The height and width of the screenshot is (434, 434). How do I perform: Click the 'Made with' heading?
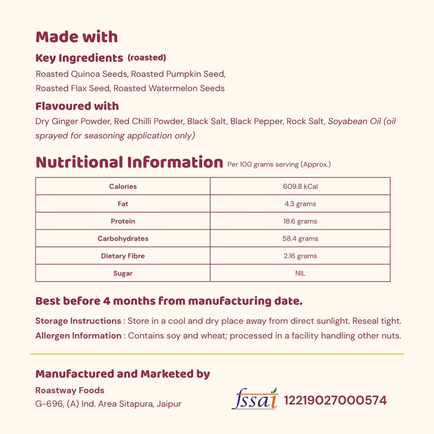76,37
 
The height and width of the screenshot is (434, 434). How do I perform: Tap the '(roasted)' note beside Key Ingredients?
147,58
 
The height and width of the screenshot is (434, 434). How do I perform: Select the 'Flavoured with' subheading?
77,106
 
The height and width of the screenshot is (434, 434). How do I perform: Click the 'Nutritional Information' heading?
129,162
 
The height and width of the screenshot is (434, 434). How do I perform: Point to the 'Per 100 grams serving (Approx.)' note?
279,164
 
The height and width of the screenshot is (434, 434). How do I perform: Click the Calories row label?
123,187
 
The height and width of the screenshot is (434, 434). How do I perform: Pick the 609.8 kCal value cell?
300,187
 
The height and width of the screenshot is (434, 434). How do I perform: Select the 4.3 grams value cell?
300,204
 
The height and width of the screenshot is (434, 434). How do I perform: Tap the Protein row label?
123,221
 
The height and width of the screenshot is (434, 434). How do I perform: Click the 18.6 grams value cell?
300,221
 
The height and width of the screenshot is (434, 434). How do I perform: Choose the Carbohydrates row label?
123,239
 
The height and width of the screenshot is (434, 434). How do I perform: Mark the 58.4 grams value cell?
300,239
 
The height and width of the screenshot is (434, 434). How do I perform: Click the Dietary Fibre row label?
123,256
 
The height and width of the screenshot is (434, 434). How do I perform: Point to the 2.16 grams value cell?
300,256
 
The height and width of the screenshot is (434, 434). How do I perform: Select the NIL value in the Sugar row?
300,273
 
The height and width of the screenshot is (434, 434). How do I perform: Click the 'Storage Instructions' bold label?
78,321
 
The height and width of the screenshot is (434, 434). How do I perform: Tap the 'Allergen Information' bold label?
78,335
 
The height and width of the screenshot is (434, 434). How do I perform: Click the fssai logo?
255,398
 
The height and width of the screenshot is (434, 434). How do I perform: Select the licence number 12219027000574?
335,400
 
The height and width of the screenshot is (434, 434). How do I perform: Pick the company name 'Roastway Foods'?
69,390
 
